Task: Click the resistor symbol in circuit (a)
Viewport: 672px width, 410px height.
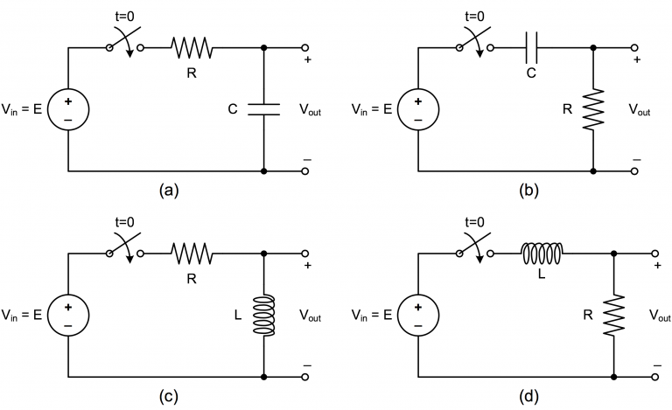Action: (x=192, y=47)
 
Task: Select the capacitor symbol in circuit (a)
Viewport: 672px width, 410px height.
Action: (x=263, y=110)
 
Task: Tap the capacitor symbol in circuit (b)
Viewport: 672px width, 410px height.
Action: (x=530, y=47)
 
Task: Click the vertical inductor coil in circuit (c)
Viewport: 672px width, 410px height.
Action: (x=263, y=315)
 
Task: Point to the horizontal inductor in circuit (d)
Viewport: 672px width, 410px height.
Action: (x=542, y=254)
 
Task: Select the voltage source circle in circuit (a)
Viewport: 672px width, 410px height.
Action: (x=68, y=110)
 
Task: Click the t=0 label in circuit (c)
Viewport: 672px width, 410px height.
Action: (x=124, y=221)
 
